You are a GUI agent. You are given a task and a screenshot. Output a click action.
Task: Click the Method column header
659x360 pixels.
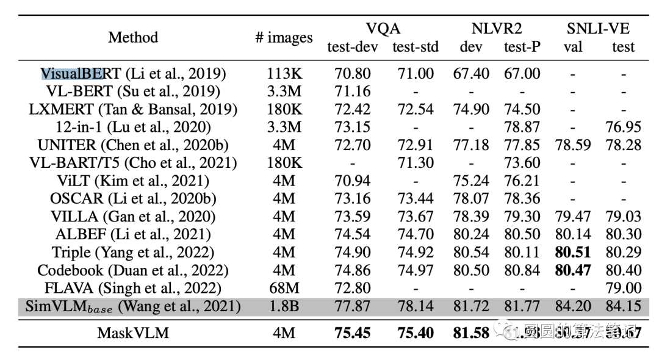133,38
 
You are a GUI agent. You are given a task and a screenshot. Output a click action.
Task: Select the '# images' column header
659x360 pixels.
283,38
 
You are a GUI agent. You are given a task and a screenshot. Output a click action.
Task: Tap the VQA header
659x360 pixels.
383,28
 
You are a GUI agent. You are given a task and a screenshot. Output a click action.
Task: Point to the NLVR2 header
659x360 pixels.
496,28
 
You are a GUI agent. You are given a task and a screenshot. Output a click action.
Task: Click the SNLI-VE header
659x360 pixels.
599,28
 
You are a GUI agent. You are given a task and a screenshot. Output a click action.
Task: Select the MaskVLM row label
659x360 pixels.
133,333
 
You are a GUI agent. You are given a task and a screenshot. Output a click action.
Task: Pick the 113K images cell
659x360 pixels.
283,74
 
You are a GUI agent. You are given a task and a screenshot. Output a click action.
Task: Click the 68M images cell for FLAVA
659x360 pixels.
283,288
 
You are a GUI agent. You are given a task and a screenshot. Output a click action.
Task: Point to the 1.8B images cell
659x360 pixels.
283,306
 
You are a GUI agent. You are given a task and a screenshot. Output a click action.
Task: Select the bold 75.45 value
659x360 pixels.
353,333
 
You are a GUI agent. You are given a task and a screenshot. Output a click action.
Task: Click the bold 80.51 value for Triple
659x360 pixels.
573,252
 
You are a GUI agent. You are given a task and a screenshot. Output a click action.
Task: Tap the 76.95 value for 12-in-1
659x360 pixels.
623,128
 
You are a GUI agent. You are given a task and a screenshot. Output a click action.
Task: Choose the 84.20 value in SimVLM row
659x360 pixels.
573,306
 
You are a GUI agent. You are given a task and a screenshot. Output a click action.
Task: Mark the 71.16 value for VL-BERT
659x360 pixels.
353,92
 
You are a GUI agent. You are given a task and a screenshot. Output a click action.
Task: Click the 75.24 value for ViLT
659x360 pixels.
471,181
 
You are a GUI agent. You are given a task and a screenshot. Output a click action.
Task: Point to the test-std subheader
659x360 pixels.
413,47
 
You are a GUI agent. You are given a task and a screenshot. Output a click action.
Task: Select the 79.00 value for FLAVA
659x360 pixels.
623,288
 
